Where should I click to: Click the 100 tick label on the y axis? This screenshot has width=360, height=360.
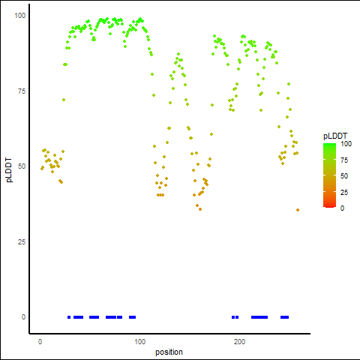pyautogui.click(x=20, y=16)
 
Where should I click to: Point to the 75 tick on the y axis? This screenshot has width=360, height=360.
pyautogui.click(x=22, y=91)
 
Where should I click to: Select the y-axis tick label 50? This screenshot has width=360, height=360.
pyautogui.click(x=22, y=166)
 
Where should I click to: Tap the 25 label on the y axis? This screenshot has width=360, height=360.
pyautogui.click(x=22, y=242)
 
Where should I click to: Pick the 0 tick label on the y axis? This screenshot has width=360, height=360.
pyautogui.click(x=23, y=317)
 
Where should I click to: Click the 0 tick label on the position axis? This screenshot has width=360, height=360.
pyautogui.click(x=40, y=342)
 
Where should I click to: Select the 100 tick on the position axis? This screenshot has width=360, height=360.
pyautogui.click(x=140, y=342)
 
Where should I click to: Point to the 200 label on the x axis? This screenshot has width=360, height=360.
pyautogui.click(x=239, y=342)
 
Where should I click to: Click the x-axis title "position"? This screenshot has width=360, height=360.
pyautogui.click(x=169, y=352)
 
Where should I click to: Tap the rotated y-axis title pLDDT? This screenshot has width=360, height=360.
pyautogui.click(x=9, y=170)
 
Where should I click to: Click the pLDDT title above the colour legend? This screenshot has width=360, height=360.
pyautogui.click(x=335, y=136)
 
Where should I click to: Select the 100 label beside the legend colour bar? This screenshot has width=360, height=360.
pyautogui.click(x=346, y=144)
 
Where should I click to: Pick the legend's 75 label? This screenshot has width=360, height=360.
pyautogui.click(x=344, y=160)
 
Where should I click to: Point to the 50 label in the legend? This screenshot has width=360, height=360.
pyautogui.click(x=344, y=176)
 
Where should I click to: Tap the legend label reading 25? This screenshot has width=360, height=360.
pyautogui.click(x=344, y=193)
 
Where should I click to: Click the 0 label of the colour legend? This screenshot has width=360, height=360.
pyautogui.click(x=343, y=208)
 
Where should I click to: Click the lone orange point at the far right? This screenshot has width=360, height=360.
pyautogui.click(x=298, y=210)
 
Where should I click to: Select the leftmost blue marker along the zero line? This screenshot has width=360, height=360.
pyautogui.click(x=69, y=317)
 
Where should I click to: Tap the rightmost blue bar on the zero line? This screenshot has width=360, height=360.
pyautogui.click(x=284, y=317)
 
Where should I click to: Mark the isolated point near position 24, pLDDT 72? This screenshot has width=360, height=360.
pyautogui.click(x=64, y=100)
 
